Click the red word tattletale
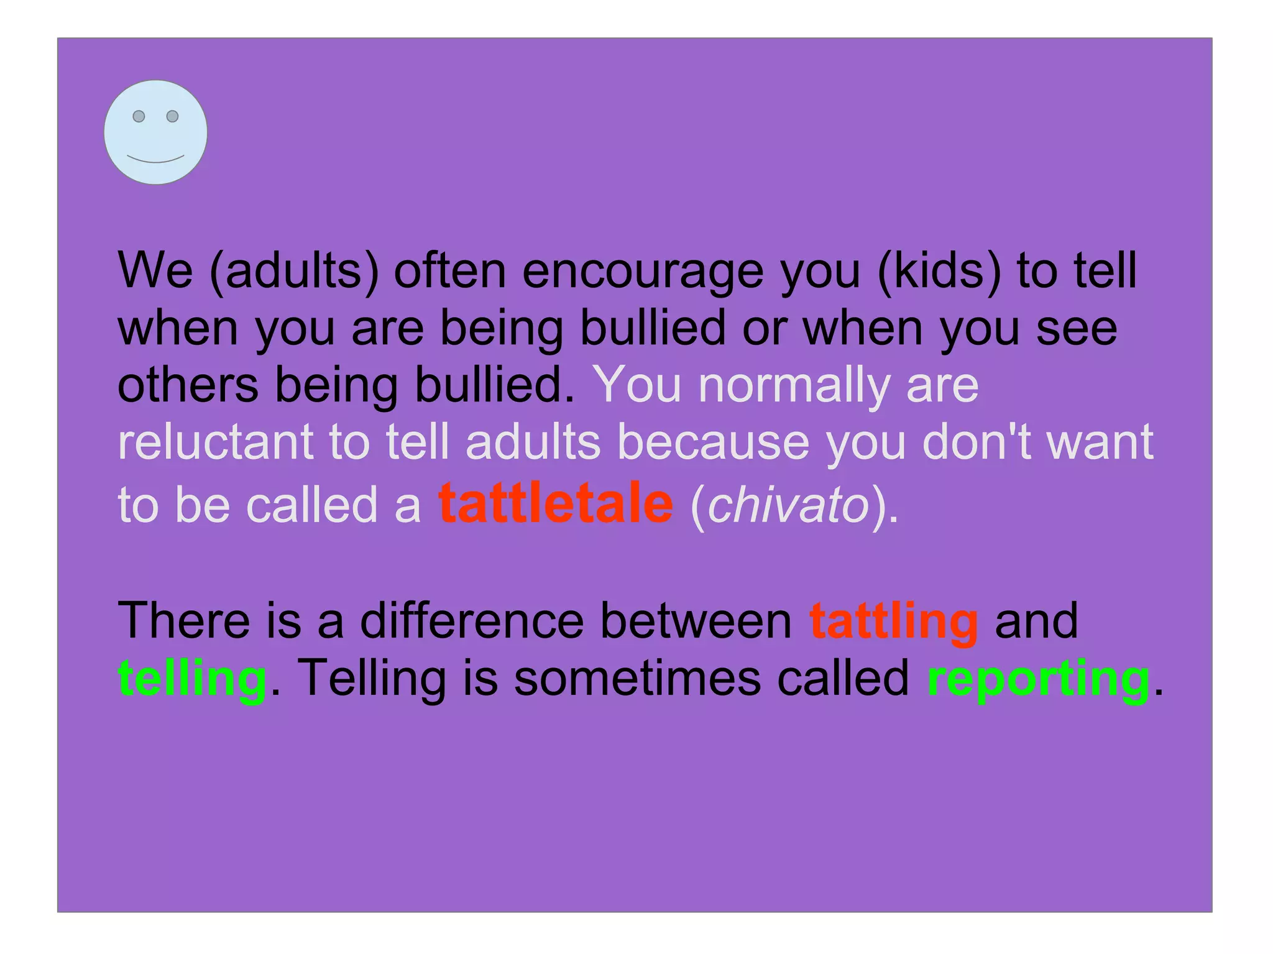tap(555, 503)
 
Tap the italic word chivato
tap(788, 505)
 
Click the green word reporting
tap(1038, 679)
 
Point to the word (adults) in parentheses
tap(294, 271)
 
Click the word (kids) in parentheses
tap(939, 271)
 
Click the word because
tap(713, 442)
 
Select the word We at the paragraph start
tap(155, 271)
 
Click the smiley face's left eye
tap(139, 116)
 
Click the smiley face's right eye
tap(173, 116)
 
